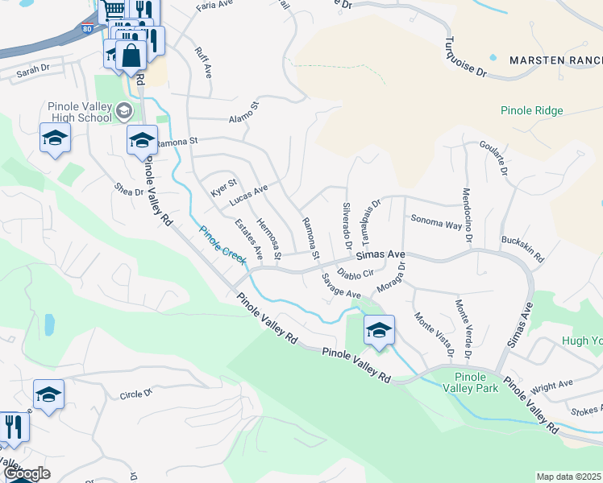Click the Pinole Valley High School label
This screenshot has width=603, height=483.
click(79, 112)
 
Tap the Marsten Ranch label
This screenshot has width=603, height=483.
click(555, 60)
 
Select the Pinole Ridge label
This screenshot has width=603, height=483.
click(531, 111)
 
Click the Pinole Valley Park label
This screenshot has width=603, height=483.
click(471, 382)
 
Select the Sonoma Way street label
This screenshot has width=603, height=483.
click(436, 223)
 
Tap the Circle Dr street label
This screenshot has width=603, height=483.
click(135, 394)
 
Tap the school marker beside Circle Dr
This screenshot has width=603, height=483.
click(48, 395)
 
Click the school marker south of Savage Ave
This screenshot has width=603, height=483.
click(378, 330)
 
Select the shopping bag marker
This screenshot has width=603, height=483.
click(131, 56)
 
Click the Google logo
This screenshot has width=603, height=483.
click(26, 474)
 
